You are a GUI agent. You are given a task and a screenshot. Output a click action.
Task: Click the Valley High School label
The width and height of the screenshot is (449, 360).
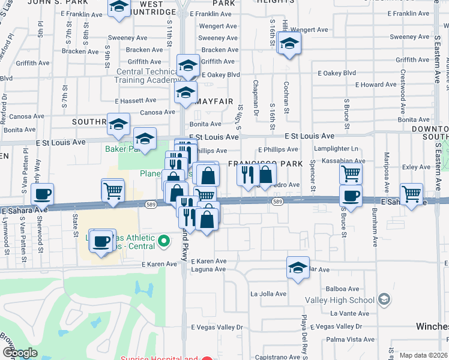pos(340,300)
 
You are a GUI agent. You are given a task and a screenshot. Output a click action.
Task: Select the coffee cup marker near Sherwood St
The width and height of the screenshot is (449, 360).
pos(43,195)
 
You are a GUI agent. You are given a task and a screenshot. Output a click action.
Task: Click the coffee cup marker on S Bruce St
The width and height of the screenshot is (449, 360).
pos(351,196)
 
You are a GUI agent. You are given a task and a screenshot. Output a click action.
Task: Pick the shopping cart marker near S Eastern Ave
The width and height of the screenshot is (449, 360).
pos(412,194)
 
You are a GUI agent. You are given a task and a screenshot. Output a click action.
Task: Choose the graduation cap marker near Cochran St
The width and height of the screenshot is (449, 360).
pos(289,44)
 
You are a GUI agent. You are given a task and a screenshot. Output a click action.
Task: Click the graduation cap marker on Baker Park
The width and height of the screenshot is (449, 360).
pos(145,139)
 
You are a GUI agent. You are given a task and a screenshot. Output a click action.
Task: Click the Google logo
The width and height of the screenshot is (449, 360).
pos(20,353)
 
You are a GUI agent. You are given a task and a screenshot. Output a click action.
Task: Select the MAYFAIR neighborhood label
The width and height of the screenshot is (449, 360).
pos(214,102)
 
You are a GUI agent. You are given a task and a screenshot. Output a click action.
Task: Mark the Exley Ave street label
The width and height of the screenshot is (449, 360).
pos(414,167)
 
